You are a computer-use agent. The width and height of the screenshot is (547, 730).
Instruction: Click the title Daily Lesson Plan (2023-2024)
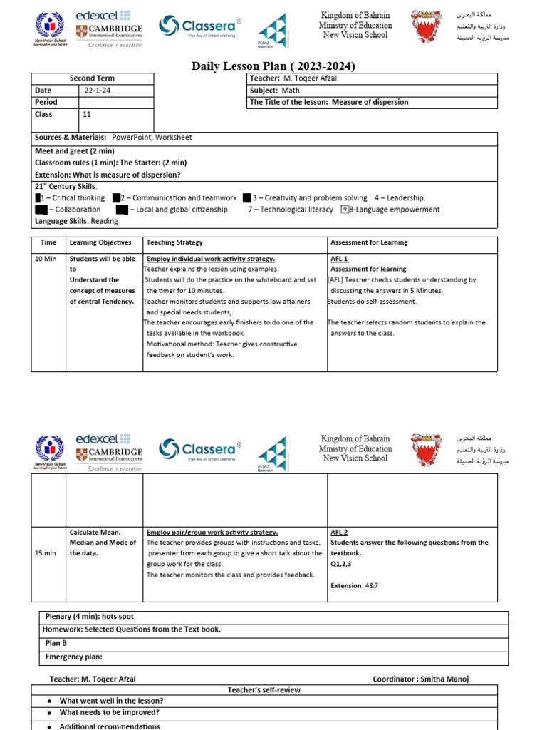[273, 66]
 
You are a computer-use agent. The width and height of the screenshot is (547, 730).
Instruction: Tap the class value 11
[87, 114]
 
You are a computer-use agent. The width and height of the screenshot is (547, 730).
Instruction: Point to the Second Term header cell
[92, 78]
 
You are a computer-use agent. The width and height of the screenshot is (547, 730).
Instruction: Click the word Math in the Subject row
[291, 91]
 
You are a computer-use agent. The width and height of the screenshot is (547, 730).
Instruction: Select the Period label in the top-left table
[46, 102]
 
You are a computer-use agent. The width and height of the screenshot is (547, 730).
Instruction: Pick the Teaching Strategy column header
[174, 242]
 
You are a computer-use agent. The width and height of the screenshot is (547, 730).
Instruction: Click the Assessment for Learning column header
[369, 242]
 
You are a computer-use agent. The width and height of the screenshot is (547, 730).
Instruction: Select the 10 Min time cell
[46, 259]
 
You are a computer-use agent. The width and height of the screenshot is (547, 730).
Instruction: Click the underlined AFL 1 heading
[339, 259]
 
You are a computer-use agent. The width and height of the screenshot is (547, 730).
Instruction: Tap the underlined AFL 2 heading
[339, 532]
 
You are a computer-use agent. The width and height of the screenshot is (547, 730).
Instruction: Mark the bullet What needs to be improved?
[109, 712]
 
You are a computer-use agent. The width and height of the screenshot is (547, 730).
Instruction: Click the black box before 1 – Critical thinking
[38, 198]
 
